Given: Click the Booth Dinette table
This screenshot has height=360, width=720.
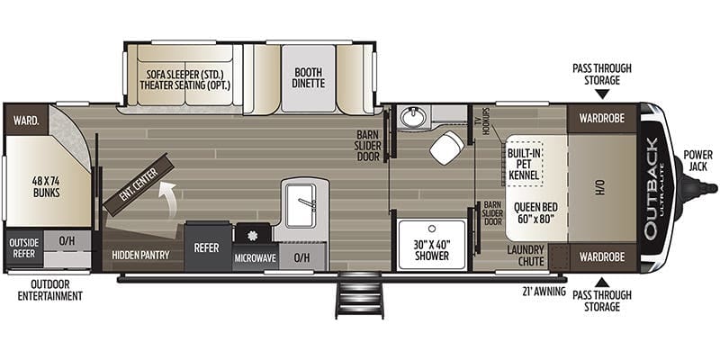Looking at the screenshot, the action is pyautogui.click(x=309, y=78).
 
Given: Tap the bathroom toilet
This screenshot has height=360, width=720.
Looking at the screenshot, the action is pyautogui.click(x=446, y=147).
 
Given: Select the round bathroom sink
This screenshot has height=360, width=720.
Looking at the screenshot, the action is pyautogui.click(x=412, y=117).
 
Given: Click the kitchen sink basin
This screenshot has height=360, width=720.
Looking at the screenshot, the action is pyautogui.click(x=301, y=205).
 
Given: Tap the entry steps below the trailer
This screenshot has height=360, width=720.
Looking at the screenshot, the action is pyautogui.click(x=359, y=297).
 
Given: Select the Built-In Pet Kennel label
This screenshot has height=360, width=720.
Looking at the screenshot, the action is pyautogui.click(x=523, y=164).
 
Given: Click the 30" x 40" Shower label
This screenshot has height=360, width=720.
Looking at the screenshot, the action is pyautogui.click(x=432, y=250).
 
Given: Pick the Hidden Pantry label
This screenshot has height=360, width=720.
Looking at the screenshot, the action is pyautogui.click(x=141, y=255).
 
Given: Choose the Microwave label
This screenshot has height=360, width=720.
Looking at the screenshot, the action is pyautogui.click(x=256, y=258).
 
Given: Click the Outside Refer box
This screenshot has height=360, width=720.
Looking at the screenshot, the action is pyautogui.click(x=24, y=248).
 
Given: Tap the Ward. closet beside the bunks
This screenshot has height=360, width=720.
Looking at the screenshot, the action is pyautogui.click(x=26, y=120).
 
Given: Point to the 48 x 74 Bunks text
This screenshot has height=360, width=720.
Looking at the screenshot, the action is pyautogui.click(x=47, y=186).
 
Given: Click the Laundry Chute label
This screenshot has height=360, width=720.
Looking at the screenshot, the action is pyautogui.click(x=526, y=256).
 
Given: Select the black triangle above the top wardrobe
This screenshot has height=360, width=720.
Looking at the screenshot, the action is pyautogui.click(x=602, y=94).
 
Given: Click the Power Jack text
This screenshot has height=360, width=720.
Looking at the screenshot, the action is pyautogui.click(x=698, y=160).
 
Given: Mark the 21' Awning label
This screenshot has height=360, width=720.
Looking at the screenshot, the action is pyautogui.click(x=544, y=291).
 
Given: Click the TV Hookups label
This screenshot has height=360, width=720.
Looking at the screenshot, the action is pyautogui.click(x=486, y=121).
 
